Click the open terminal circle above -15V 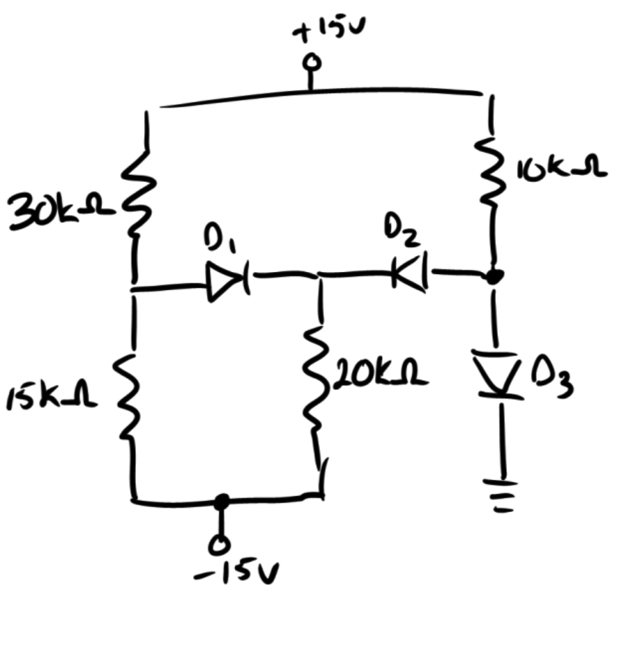click(x=221, y=543)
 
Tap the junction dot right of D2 click(x=494, y=277)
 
